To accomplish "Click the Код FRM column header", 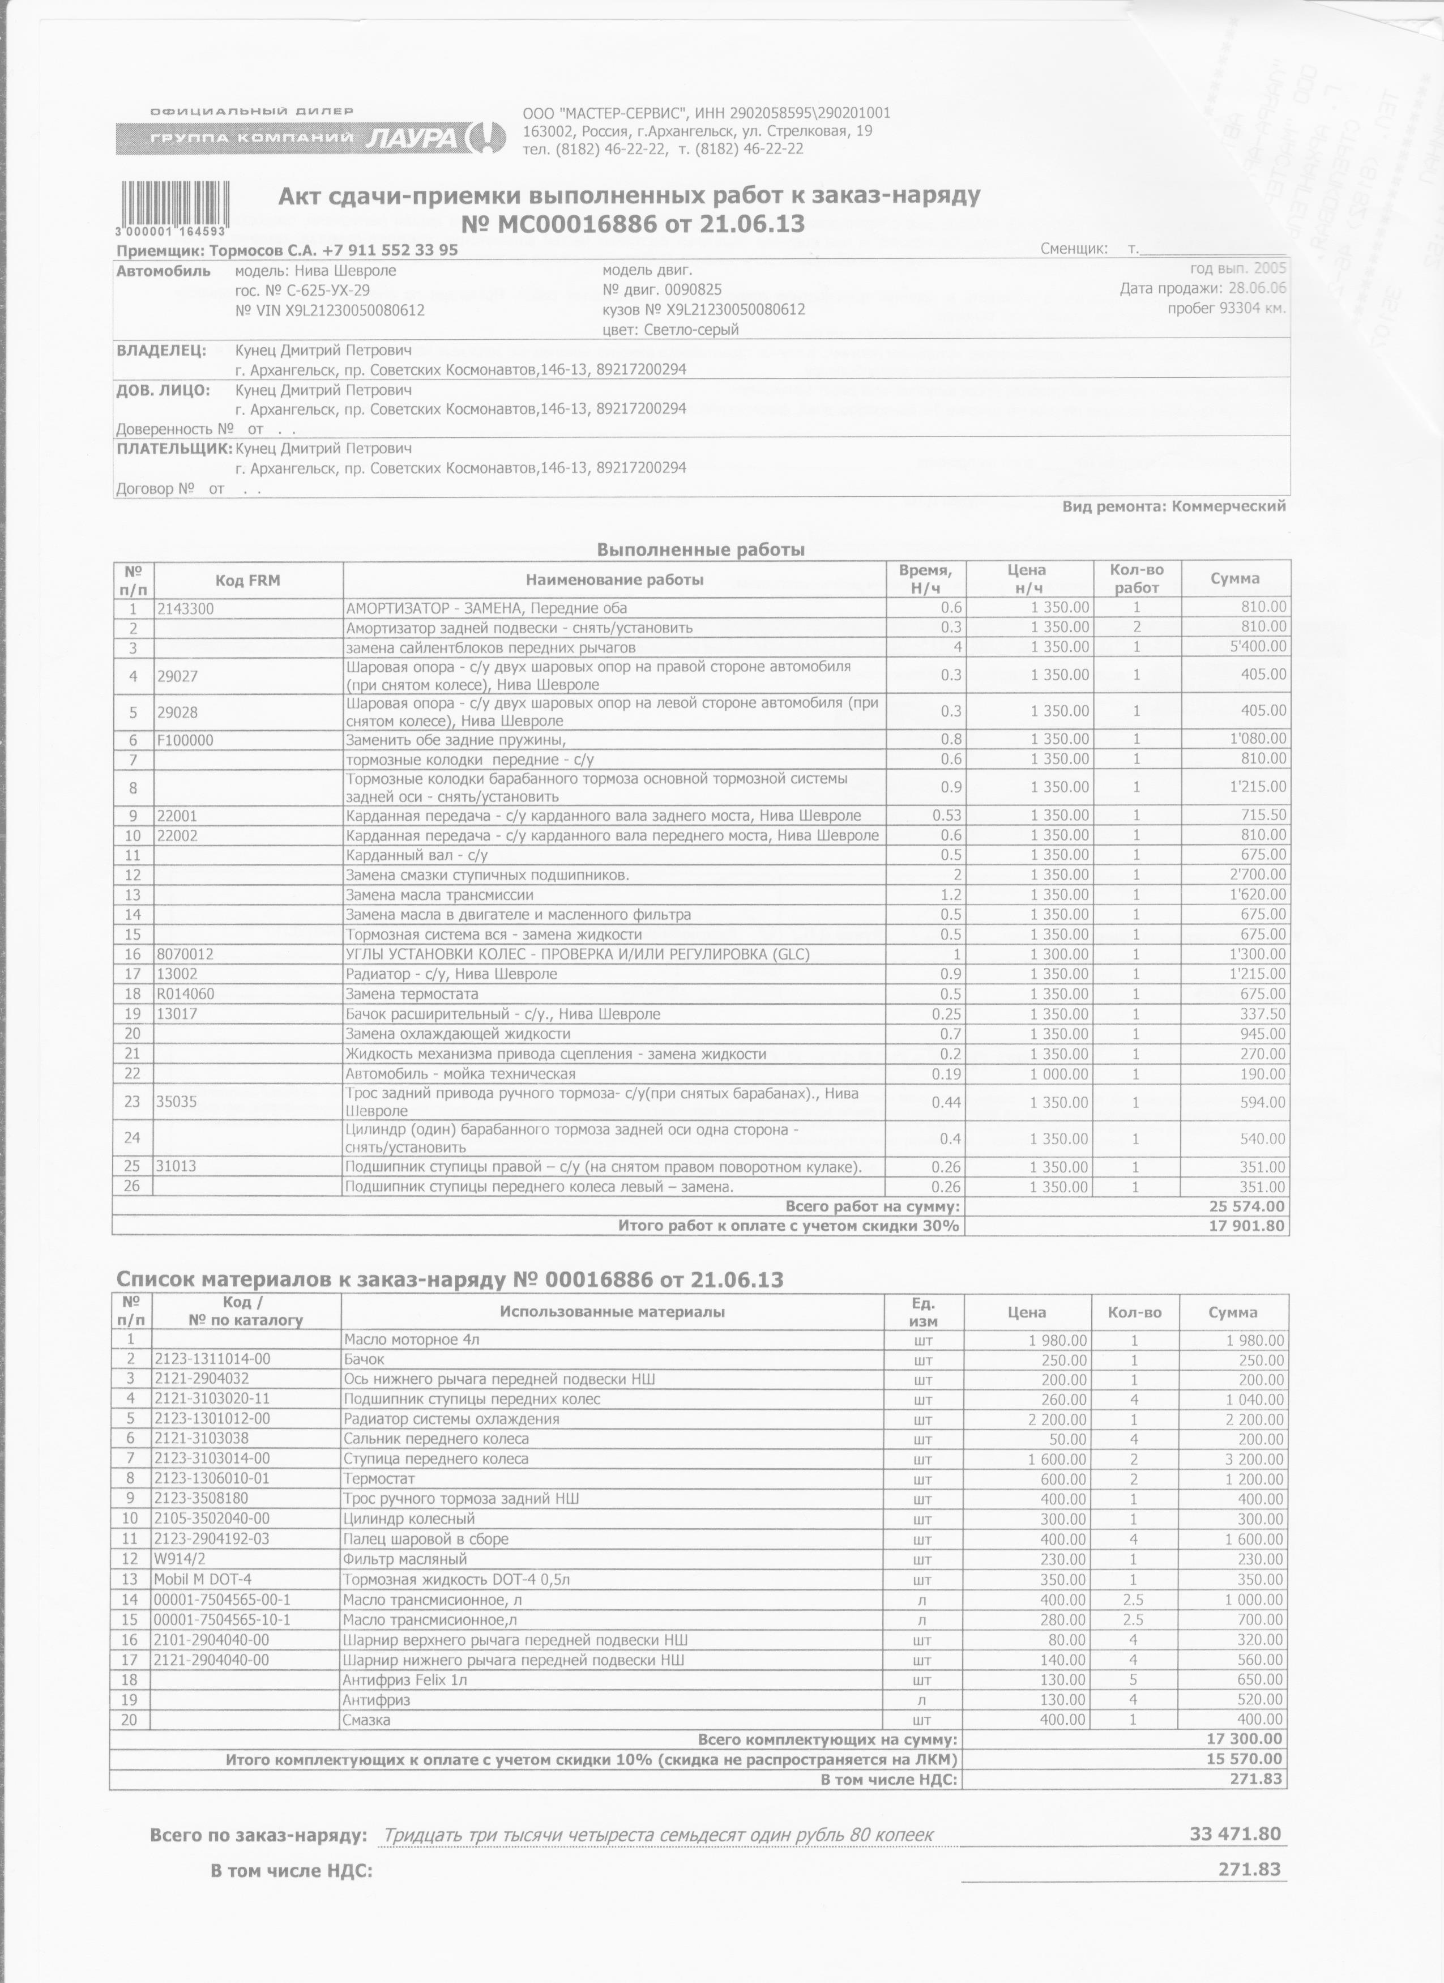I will (x=248, y=579).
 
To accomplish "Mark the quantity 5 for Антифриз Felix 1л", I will (x=1135, y=1679).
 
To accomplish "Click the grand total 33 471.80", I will (x=1234, y=1810).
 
